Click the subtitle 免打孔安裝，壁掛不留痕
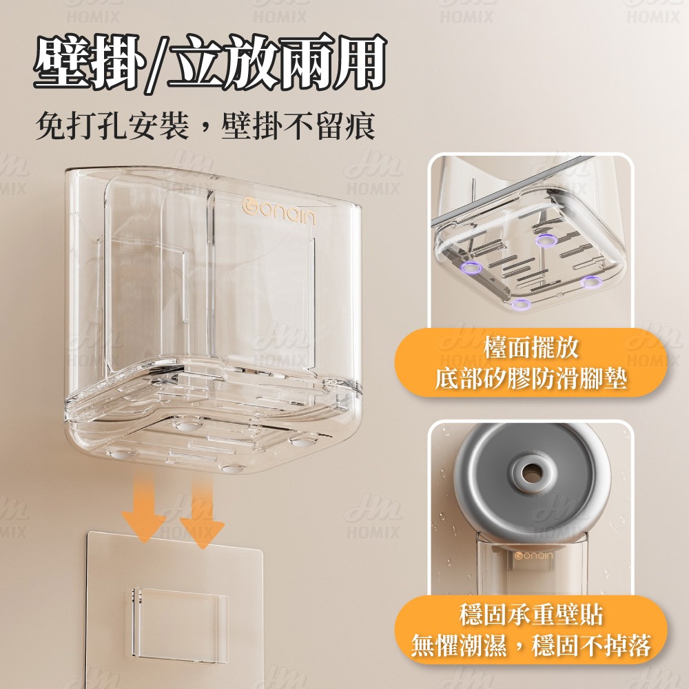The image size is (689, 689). (x=205, y=125)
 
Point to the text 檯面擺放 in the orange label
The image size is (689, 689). (x=531, y=347)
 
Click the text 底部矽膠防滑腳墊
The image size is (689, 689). (x=531, y=378)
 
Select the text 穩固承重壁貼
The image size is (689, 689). (x=531, y=615)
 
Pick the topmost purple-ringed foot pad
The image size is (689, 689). (x=546, y=240)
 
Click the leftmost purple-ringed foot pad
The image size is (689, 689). (x=471, y=267)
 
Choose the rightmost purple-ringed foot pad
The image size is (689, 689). (x=591, y=282)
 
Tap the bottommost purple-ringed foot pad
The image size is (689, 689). (x=521, y=303)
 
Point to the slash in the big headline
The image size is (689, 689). (x=157, y=63)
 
